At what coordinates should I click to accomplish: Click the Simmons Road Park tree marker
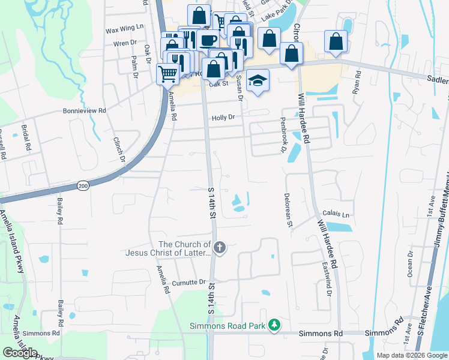click(x=274, y=325)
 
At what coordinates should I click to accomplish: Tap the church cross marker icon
click(x=220, y=247)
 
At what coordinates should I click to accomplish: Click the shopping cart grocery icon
click(x=167, y=74)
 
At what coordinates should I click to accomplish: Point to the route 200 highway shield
click(x=82, y=187)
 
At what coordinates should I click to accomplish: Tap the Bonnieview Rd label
click(x=85, y=111)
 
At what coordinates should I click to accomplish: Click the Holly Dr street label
click(x=223, y=118)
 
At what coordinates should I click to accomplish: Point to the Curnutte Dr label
click(x=189, y=281)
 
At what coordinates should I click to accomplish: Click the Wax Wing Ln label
click(x=125, y=28)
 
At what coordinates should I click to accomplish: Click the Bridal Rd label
click(x=26, y=138)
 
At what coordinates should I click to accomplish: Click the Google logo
click(x=20, y=353)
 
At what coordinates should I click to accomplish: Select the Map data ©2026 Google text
click(x=412, y=355)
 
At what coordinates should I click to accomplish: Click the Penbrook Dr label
click(x=283, y=139)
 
